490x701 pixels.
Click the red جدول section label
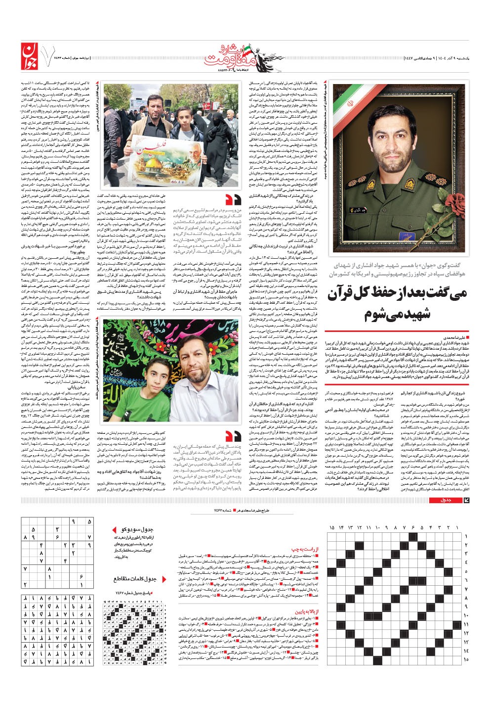(x=440, y=501)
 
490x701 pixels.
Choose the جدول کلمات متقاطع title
(x=135, y=579)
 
